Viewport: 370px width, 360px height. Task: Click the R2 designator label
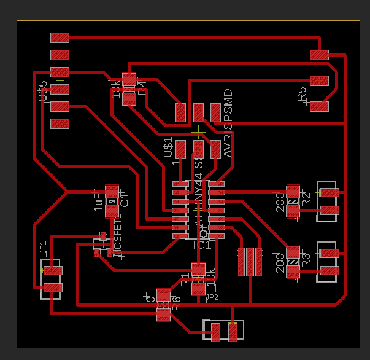click(x=306, y=199)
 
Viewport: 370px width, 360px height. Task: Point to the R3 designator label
click(x=306, y=259)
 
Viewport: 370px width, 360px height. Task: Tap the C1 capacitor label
click(x=125, y=200)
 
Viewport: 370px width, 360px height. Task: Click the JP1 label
click(x=44, y=248)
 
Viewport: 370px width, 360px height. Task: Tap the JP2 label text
click(x=212, y=297)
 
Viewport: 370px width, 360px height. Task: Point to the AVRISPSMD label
click(x=228, y=123)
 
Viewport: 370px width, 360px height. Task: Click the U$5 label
click(x=42, y=92)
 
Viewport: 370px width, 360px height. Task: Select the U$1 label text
click(x=168, y=149)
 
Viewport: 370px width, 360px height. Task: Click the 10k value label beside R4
click(x=116, y=88)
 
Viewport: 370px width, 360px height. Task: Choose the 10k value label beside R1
click(x=210, y=278)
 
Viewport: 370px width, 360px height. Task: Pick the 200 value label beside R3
click(x=280, y=261)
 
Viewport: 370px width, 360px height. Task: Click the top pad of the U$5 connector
click(x=60, y=37)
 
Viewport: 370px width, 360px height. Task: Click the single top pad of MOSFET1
click(x=102, y=235)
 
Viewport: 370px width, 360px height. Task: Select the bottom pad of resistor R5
click(x=319, y=106)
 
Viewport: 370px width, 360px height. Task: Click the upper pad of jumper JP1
click(x=53, y=270)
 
